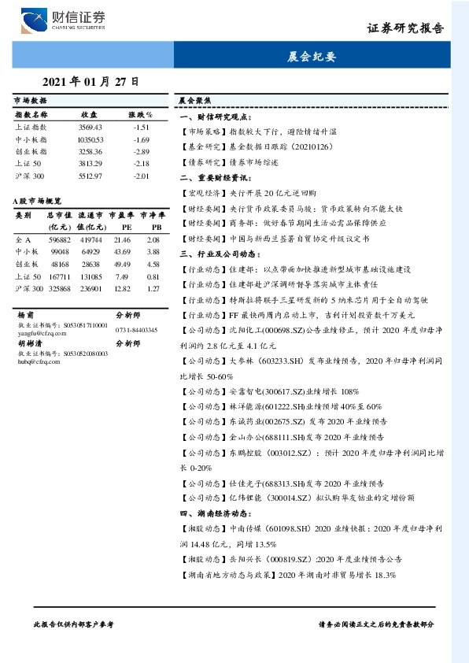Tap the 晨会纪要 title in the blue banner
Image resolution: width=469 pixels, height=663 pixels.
312,57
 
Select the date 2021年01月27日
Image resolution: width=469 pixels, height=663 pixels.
90,82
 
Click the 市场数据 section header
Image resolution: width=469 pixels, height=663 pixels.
31,102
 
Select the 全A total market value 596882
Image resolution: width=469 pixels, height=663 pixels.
61,239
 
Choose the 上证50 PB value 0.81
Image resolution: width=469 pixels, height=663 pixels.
153,276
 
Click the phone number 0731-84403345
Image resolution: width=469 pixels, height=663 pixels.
136,330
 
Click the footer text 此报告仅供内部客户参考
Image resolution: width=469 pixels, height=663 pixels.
74,624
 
